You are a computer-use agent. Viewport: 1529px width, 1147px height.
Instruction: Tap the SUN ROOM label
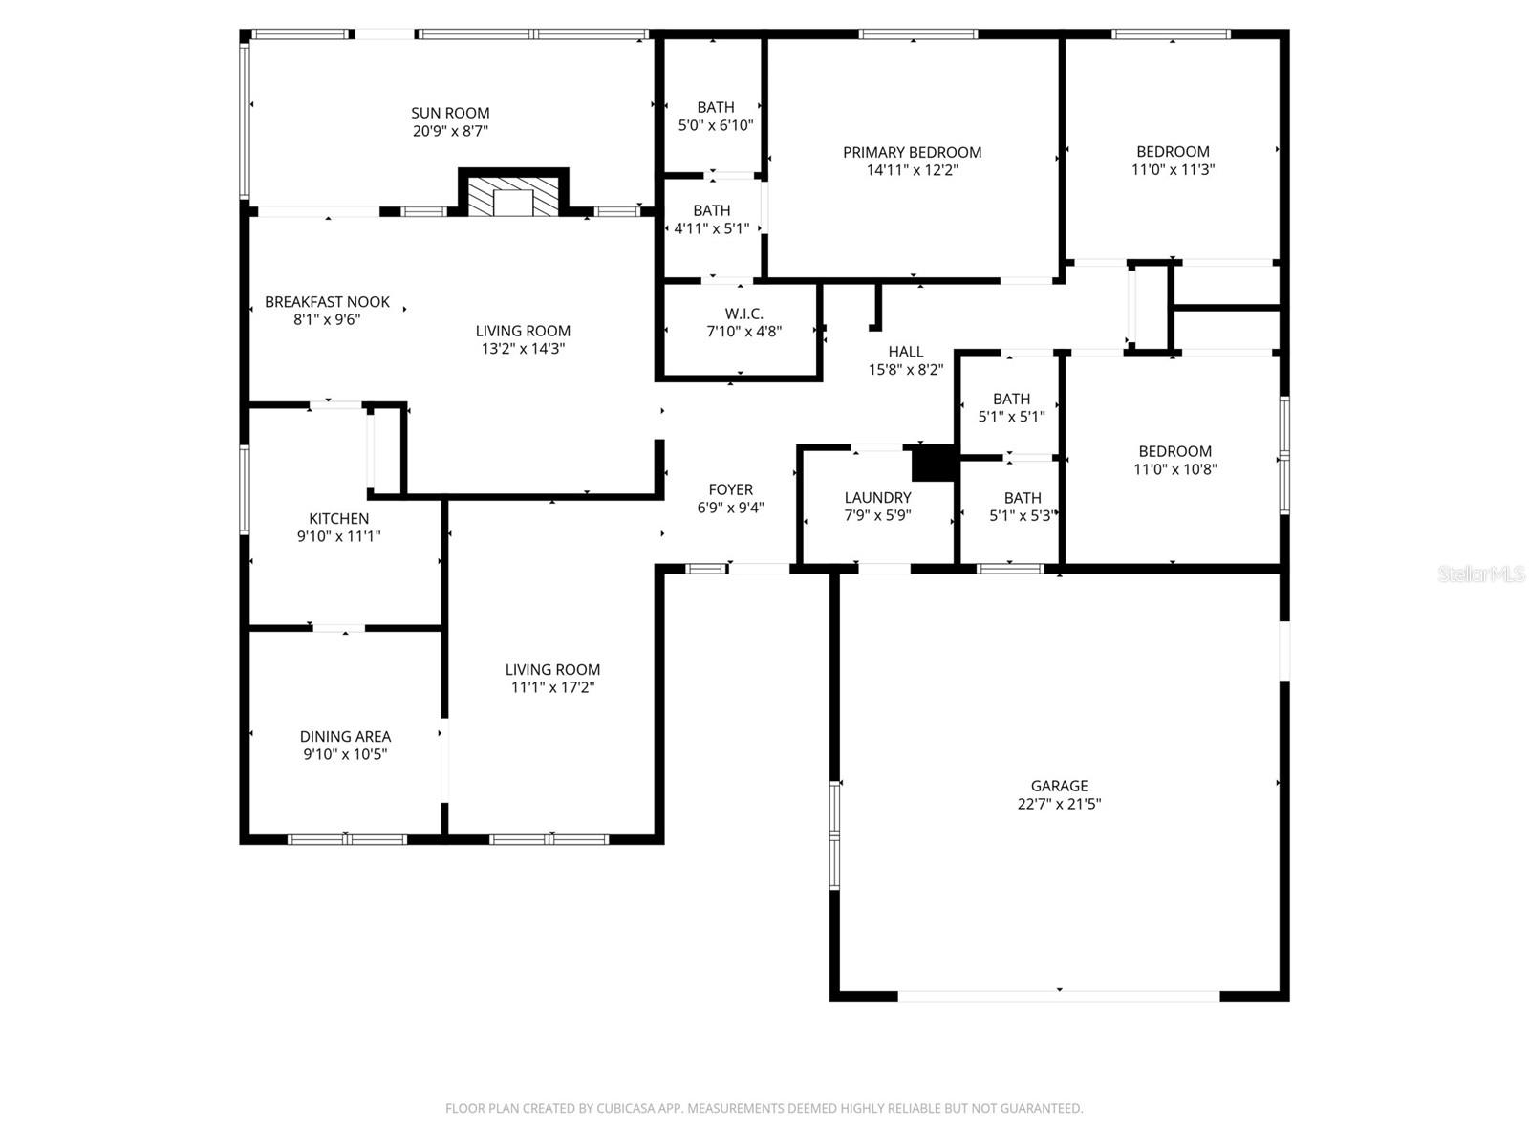(x=450, y=113)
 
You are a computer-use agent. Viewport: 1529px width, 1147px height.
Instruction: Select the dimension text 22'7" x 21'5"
(x=1059, y=804)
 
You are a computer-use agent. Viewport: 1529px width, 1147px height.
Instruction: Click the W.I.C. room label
(x=743, y=314)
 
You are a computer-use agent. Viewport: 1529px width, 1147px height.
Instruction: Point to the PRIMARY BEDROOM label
(x=912, y=152)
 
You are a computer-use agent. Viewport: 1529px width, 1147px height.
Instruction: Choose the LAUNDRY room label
(x=877, y=497)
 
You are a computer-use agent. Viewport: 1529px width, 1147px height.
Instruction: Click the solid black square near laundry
(x=933, y=464)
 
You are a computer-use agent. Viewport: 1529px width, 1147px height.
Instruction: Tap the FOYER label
(x=730, y=489)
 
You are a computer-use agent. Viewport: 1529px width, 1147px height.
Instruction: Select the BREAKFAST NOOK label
(x=327, y=302)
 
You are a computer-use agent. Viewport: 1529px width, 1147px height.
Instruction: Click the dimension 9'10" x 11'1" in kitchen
(x=338, y=536)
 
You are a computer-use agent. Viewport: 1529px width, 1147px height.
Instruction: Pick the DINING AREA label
(x=345, y=736)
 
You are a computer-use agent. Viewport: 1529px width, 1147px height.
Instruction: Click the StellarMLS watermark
(x=1480, y=574)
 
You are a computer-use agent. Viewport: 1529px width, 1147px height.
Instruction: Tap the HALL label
(x=905, y=352)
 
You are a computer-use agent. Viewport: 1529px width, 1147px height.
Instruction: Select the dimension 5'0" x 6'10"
(x=715, y=125)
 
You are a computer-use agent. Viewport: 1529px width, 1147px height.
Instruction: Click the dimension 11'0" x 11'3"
(x=1173, y=169)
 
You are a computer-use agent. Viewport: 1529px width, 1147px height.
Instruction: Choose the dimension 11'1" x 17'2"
(x=552, y=687)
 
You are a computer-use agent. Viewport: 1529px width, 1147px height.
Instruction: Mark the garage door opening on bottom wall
(x=1058, y=996)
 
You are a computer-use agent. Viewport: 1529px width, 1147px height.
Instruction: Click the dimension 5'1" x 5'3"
(x=1022, y=516)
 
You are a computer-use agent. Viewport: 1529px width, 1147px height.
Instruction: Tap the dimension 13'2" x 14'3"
(x=523, y=349)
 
